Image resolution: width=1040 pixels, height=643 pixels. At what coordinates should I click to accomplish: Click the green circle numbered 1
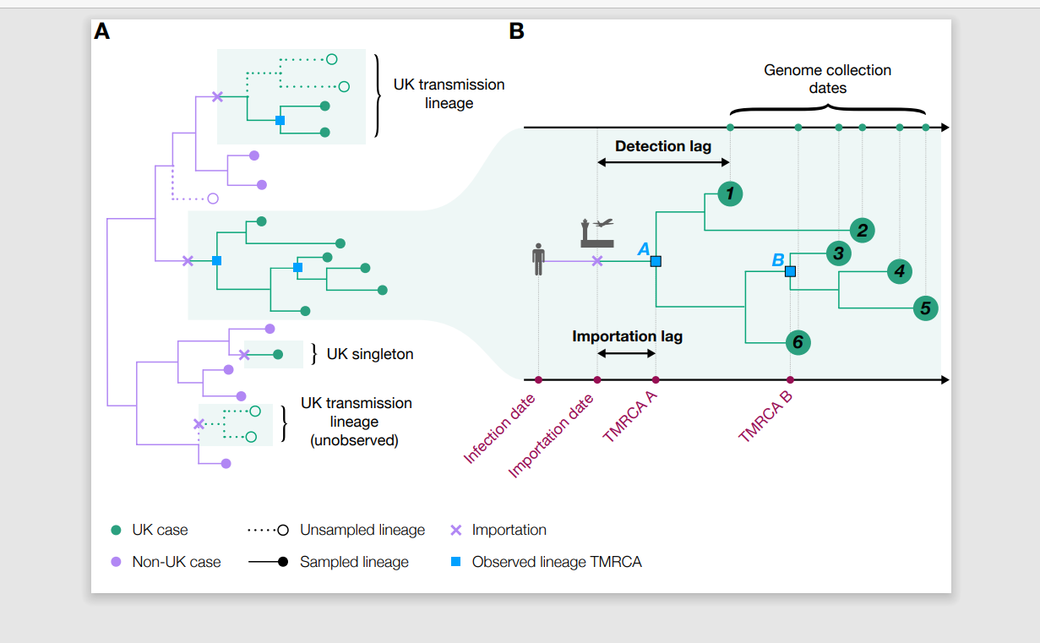(730, 193)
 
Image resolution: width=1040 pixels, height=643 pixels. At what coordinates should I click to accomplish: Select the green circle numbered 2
(863, 231)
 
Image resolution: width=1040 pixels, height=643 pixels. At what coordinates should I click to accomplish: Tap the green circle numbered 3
(838, 253)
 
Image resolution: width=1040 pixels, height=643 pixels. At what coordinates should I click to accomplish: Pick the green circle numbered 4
(899, 271)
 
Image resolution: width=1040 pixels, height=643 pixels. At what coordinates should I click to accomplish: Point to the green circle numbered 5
(925, 308)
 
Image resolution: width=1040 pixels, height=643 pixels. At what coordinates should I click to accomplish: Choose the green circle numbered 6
(798, 343)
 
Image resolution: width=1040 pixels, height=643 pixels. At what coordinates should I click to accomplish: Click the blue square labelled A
(656, 261)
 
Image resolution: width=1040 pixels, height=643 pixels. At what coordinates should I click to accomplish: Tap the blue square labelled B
(790, 271)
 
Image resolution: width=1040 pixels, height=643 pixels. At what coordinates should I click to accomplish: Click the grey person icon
(538, 259)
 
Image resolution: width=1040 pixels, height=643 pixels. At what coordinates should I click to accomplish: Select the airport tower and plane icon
(597, 232)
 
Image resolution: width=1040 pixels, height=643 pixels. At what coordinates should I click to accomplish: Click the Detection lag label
(663, 146)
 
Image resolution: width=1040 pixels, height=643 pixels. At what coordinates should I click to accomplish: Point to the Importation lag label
(627, 336)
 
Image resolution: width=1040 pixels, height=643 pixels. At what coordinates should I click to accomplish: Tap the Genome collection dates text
(827, 79)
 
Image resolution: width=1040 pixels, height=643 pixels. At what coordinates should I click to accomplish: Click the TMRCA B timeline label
(765, 417)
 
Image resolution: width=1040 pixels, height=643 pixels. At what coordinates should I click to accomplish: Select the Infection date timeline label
(499, 429)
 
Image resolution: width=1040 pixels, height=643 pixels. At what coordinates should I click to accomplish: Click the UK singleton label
(369, 354)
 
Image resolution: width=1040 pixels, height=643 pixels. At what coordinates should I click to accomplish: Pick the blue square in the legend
(456, 562)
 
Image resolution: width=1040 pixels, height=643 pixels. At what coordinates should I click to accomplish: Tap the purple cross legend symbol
(456, 530)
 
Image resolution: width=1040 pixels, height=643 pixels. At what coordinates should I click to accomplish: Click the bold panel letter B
(517, 31)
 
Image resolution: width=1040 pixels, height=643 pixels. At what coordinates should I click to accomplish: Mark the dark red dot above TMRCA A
(656, 379)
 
